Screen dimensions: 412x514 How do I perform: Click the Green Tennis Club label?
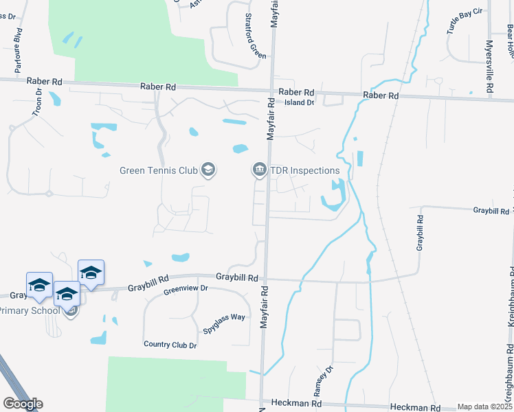159,170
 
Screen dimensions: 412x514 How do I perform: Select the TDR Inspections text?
305,170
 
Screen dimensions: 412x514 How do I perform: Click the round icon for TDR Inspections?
260,170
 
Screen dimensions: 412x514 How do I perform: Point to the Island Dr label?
299,103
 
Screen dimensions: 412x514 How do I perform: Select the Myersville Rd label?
489,66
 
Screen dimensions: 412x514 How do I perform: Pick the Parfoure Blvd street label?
19,51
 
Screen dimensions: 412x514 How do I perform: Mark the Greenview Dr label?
186,289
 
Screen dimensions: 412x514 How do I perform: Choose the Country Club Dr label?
170,345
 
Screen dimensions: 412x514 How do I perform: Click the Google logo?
23,404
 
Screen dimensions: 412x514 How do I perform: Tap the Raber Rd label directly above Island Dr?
296,92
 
